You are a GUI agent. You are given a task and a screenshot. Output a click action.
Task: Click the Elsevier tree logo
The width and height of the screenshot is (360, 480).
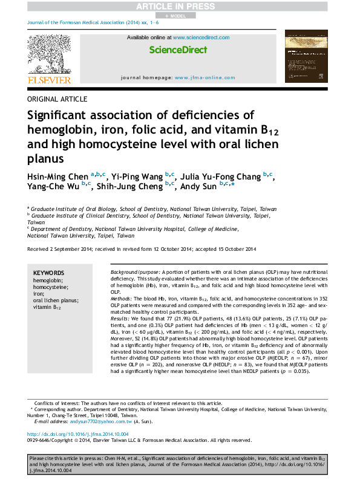pos(49,54)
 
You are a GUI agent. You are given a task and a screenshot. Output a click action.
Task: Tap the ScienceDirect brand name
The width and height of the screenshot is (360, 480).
pos(178,50)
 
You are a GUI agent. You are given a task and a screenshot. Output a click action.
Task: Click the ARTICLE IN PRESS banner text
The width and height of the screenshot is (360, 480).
pos(180,6)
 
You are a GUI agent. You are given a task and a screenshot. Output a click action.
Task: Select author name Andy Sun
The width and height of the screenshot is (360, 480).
pos(197,187)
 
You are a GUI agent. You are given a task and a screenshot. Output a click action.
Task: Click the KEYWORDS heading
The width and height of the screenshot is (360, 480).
pos(49,273)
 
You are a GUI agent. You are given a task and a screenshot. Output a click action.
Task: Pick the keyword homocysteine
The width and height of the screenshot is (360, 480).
pos(50,287)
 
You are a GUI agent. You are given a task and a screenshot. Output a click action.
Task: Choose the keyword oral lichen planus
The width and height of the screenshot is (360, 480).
pos(56,300)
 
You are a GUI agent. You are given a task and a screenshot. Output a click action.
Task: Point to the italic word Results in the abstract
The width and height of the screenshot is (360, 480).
pos(120,318)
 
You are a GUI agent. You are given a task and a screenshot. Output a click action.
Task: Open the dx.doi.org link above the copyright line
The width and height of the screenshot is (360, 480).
pos(77,434)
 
